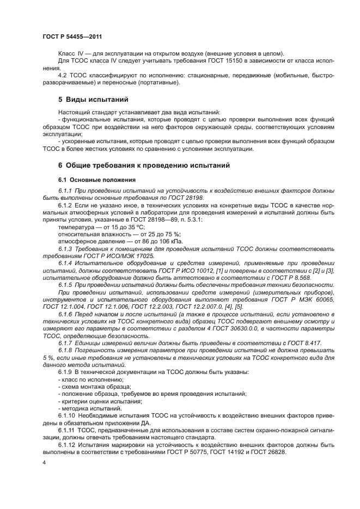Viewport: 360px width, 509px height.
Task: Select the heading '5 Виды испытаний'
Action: pos(93,100)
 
